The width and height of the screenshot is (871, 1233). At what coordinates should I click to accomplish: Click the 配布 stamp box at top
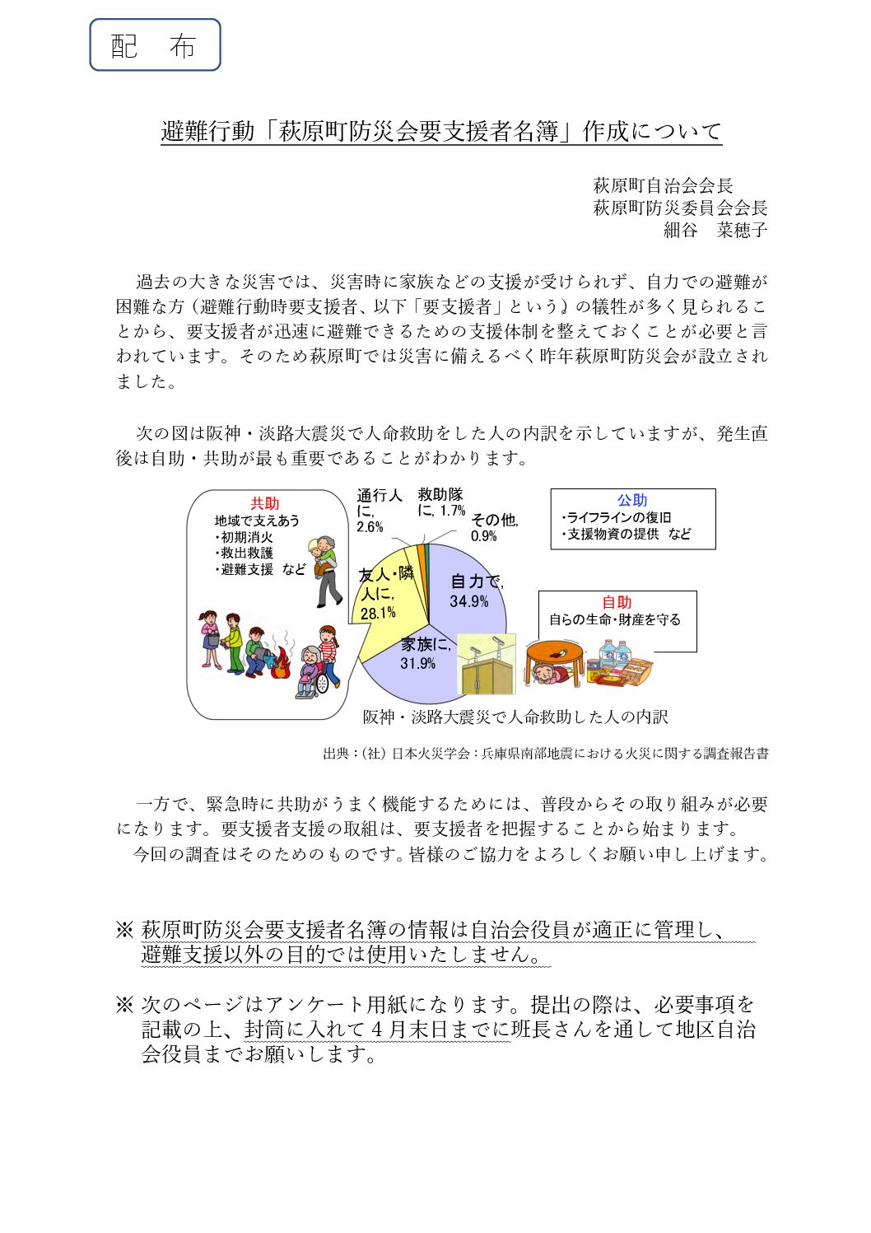pyautogui.click(x=155, y=45)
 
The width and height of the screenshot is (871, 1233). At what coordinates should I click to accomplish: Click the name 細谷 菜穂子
pyautogui.click(x=715, y=230)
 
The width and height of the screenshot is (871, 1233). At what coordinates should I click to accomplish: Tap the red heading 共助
pyautogui.click(x=265, y=503)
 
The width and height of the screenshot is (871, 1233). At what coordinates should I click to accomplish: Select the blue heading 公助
pyautogui.click(x=632, y=500)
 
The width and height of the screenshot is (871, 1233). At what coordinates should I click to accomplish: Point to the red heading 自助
pyautogui.click(x=617, y=602)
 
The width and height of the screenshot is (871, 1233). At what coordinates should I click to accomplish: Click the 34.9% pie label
pyautogui.click(x=468, y=601)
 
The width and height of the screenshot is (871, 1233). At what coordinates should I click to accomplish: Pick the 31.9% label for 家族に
pyautogui.click(x=417, y=663)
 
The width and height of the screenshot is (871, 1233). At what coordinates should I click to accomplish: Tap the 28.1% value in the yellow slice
pyautogui.click(x=378, y=613)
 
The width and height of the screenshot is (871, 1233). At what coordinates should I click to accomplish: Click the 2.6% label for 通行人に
pyautogui.click(x=370, y=527)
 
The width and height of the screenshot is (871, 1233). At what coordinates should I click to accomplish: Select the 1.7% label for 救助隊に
pyautogui.click(x=452, y=511)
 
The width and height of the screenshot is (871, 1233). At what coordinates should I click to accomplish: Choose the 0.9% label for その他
pyautogui.click(x=484, y=536)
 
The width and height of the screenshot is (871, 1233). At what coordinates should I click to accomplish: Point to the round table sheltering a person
pyautogui.click(x=553, y=659)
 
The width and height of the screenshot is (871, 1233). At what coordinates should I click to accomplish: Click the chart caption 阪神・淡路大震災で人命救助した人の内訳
pyautogui.click(x=515, y=717)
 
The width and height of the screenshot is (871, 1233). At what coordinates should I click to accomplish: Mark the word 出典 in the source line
pyautogui.click(x=336, y=753)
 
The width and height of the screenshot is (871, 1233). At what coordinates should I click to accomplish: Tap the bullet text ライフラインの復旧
pyautogui.click(x=618, y=517)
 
